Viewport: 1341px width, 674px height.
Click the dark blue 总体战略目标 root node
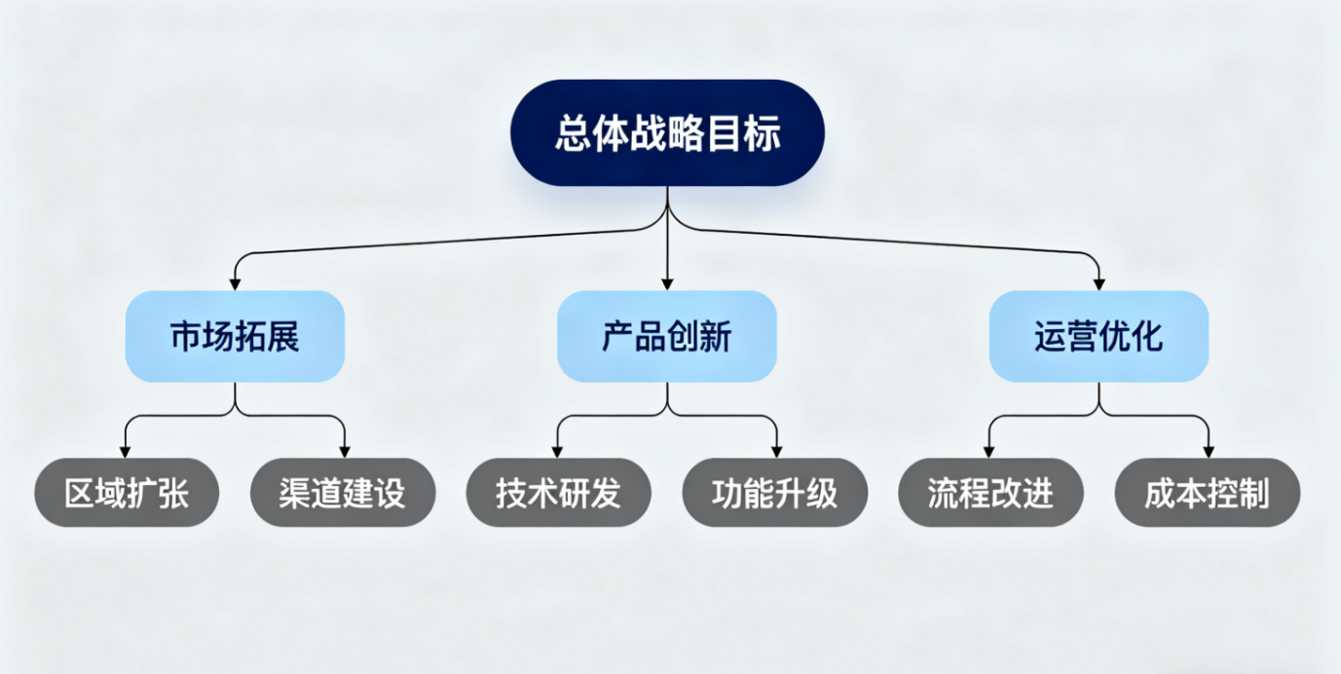pyautogui.click(x=667, y=133)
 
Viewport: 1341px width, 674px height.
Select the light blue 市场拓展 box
pyautogui.click(x=235, y=336)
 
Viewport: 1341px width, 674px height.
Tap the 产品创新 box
pyautogui.click(x=667, y=336)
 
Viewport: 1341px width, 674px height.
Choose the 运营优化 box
pyautogui.click(x=1099, y=336)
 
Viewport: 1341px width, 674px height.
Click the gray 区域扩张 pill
pyautogui.click(x=127, y=493)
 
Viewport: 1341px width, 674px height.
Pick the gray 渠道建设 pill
pyautogui.click(x=343, y=493)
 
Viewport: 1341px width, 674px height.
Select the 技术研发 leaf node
pyautogui.click(x=558, y=493)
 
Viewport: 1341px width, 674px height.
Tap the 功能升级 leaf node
pyautogui.click(x=775, y=493)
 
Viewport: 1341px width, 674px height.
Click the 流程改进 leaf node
pyautogui.click(x=990, y=493)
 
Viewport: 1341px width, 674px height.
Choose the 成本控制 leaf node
pyautogui.click(x=1207, y=493)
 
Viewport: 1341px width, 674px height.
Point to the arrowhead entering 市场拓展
pyautogui.click(x=235, y=283)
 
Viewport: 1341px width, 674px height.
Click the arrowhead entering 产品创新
pyautogui.click(x=667, y=283)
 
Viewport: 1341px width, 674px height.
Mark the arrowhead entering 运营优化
pyautogui.click(x=1099, y=283)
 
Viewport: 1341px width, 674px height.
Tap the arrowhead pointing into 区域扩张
pyautogui.click(x=125, y=451)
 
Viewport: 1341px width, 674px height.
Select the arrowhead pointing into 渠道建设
pyautogui.click(x=344, y=451)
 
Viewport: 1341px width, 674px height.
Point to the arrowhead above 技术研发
pyautogui.click(x=557, y=451)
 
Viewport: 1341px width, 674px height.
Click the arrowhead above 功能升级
pyautogui.click(x=776, y=451)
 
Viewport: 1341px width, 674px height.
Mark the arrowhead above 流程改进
pyautogui.click(x=989, y=451)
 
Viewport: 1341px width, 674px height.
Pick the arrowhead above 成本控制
pyautogui.click(x=1208, y=451)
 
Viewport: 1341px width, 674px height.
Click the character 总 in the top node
pyautogui.click(x=572, y=133)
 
